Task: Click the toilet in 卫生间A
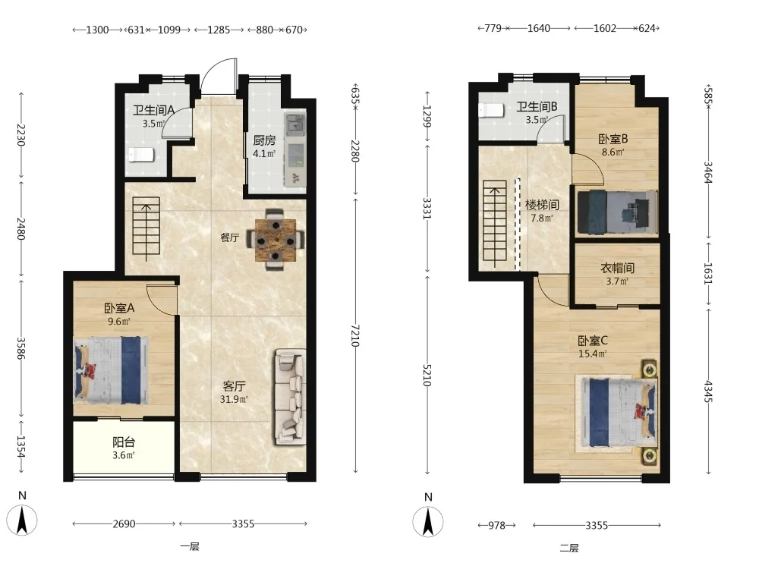(141, 155)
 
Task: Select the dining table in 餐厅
(276, 240)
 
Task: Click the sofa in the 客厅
(290, 397)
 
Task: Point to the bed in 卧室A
(111, 370)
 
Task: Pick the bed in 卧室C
(618, 413)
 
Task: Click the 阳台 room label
(124, 442)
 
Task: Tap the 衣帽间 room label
(617, 268)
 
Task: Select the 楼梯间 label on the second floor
(542, 205)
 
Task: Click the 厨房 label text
(264, 140)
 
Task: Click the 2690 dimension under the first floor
(124, 523)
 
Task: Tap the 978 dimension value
(496, 525)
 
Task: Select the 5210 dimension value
(427, 375)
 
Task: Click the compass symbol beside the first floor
(22, 520)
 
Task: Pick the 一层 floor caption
(189, 547)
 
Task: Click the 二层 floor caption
(569, 549)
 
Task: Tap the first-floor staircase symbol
(146, 229)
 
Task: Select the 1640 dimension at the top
(539, 28)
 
